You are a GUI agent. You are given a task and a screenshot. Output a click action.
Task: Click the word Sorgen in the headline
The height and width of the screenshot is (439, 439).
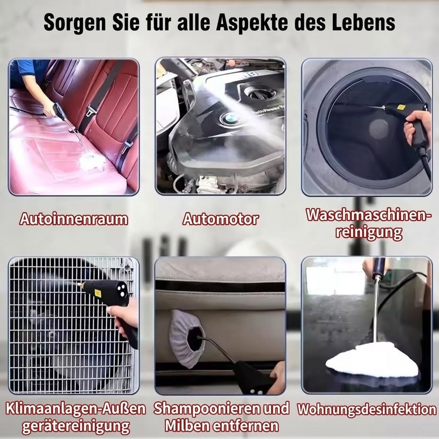(x=75, y=23)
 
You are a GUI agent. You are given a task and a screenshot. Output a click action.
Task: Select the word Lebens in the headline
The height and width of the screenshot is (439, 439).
(x=364, y=23)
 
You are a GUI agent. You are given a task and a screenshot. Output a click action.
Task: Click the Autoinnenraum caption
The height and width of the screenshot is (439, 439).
(x=74, y=219)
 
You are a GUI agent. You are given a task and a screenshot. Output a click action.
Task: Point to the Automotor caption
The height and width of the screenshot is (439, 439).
(x=220, y=219)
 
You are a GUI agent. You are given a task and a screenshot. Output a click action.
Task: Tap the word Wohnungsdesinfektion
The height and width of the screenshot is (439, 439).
(x=367, y=409)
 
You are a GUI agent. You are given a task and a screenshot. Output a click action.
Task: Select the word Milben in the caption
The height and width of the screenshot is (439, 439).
(x=188, y=426)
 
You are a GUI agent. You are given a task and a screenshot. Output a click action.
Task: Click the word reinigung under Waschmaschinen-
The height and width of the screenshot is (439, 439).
(x=369, y=232)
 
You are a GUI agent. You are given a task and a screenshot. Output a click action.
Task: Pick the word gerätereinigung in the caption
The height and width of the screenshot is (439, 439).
(x=76, y=427)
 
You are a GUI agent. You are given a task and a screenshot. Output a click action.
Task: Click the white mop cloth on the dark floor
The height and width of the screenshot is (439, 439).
(x=372, y=360)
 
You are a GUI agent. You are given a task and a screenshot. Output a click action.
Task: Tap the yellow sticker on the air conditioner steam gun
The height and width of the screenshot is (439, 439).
(x=98, y=293)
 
